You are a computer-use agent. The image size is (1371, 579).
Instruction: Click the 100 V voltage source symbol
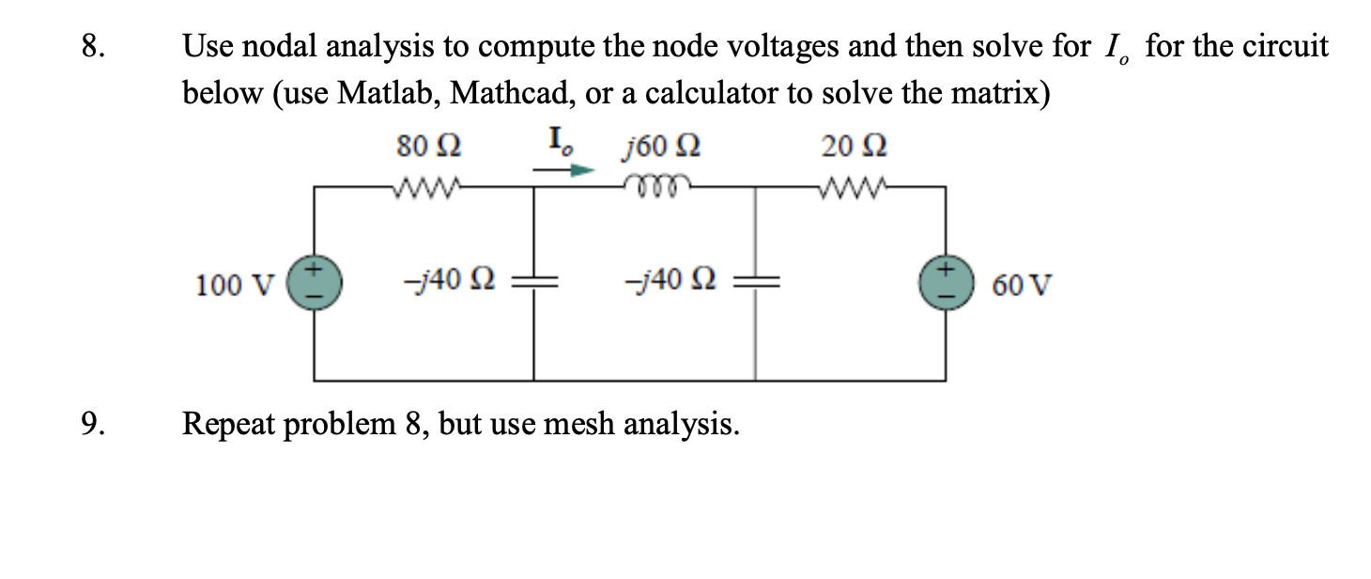click(315, 282)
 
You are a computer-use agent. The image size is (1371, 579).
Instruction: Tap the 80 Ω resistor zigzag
click(427, 185)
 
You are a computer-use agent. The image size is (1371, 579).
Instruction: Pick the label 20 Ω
click(855, 148)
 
